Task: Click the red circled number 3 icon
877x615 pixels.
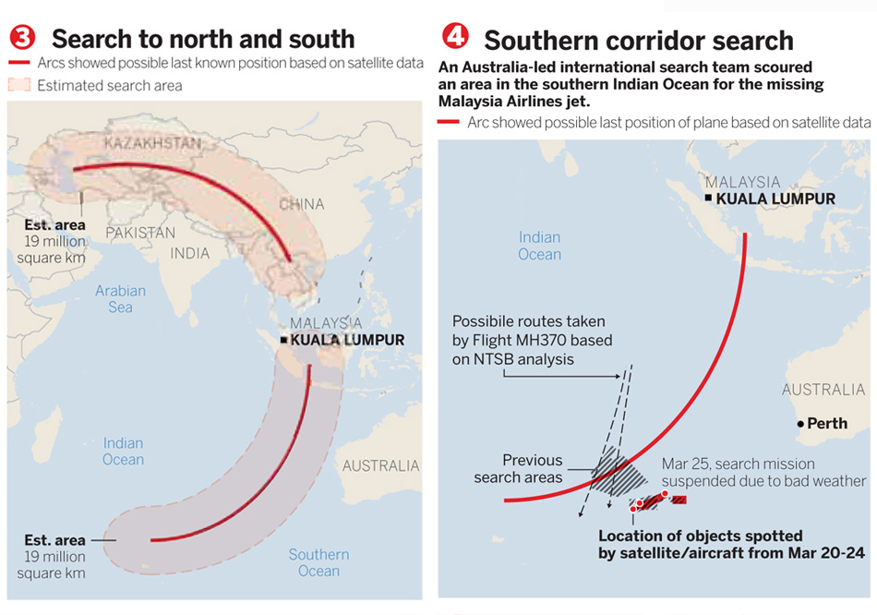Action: (x=23, y=38)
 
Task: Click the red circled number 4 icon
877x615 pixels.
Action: (x=455, y=37)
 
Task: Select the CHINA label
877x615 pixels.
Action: (x=301, y=203)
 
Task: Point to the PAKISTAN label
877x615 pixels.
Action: (x=140, y=233)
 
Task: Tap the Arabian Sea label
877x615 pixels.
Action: (x=120, y=298)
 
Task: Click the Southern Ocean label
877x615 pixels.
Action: (x=318, y=562)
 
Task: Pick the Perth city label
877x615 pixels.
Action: (x=826, y=424)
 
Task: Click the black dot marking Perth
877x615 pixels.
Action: (x=799, y=424)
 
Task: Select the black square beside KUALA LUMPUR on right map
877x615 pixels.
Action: (x=707, y=199)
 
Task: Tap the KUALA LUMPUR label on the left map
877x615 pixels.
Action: (x=347, y=340)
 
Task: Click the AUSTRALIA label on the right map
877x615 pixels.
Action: (x=823, y=391)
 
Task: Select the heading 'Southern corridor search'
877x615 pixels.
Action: (x=638, y=41)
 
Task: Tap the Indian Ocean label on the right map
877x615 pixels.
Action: (x=539, y=246)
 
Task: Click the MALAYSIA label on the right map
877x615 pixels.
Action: (x=742, y=183)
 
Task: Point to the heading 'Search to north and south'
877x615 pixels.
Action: (x=203, y=39)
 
